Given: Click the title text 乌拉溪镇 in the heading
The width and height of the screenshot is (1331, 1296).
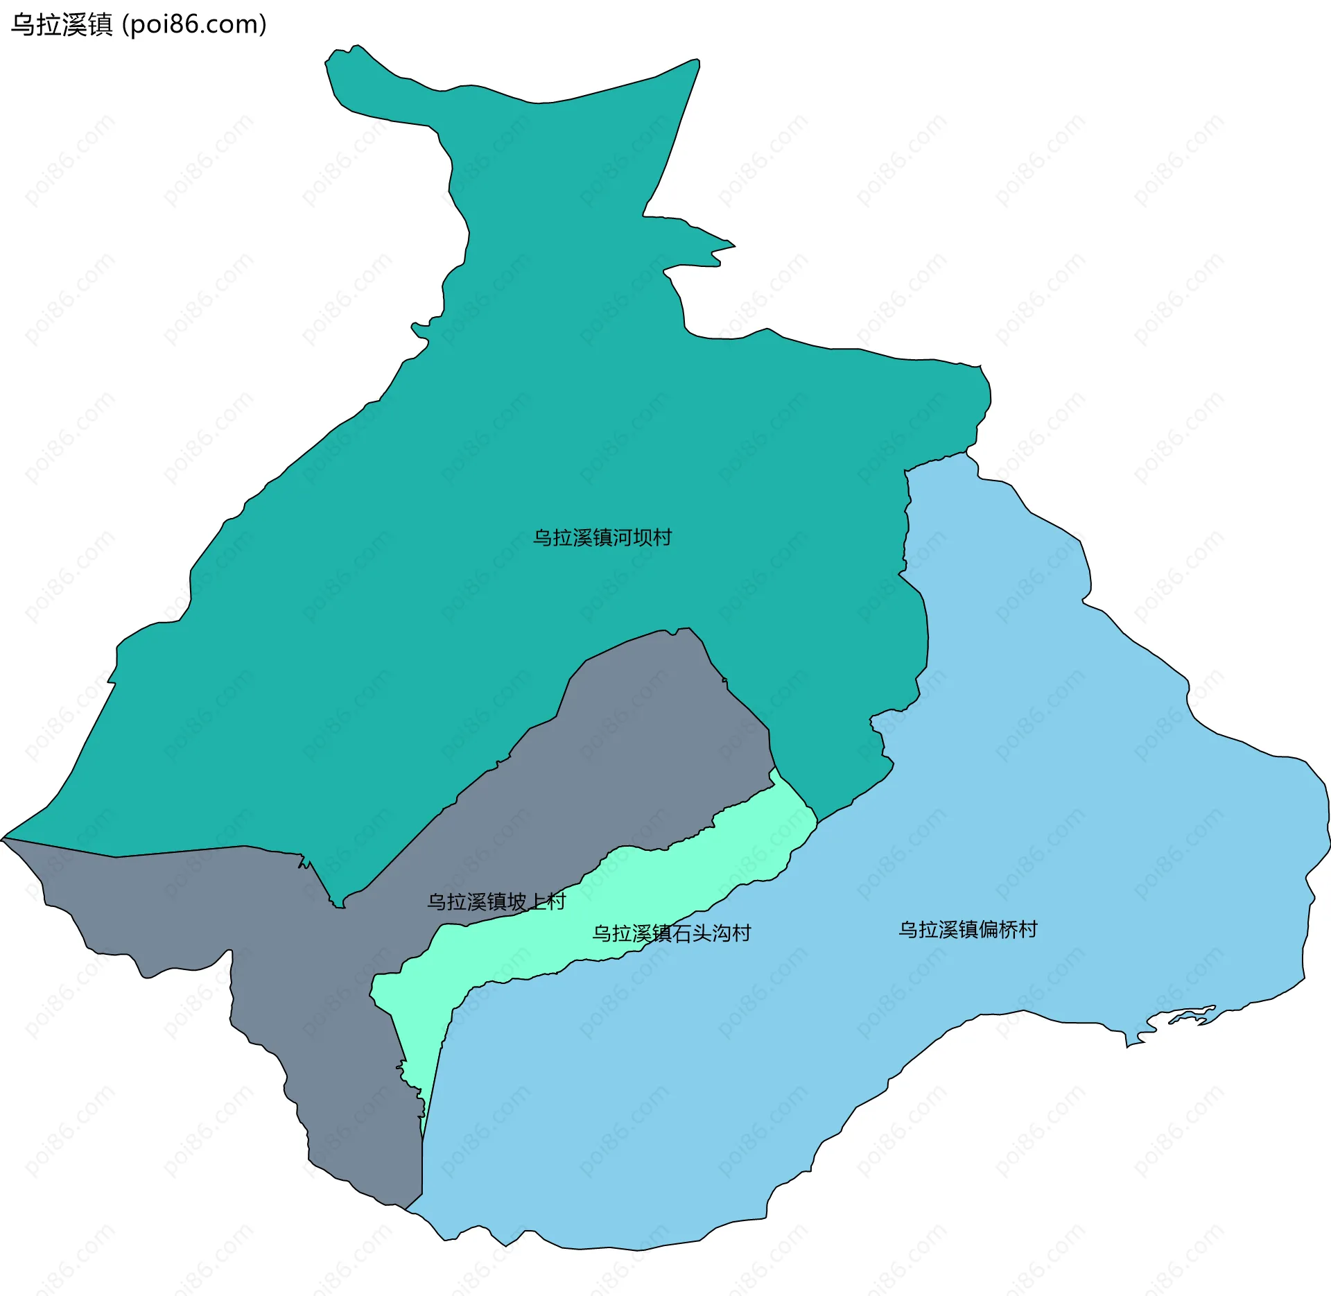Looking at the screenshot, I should pyautogui.click(x=62, y=25).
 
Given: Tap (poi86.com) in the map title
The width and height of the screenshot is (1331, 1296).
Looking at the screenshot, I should pyautogui.click(x=195, y=25).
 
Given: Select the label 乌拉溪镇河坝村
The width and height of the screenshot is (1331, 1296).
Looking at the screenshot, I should pyautogui.click(x=602, y=537).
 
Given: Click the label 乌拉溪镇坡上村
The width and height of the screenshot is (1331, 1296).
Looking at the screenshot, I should pyautogui.click(x=496, y=901).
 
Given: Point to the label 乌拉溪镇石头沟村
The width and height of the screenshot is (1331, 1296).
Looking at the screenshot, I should pyautogui.click(x=671, y=933).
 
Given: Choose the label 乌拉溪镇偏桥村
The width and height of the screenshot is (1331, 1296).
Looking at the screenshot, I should pyautogui.click(x=968, y=930).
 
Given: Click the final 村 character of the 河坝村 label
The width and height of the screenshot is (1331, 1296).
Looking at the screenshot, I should pyautogui.click(x=662, y=537).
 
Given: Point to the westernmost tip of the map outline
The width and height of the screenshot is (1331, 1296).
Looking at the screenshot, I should pyautogui.click(x=3, y=839).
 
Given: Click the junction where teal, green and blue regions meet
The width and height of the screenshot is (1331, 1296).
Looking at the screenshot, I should pyautogui.click(x=817, y=823).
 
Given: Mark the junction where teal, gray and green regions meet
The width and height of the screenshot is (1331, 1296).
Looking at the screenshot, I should pyautogui.click(x=774, y=768).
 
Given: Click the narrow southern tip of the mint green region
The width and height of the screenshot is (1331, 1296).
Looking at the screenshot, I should pyautogui.click(x=422, y=1137).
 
